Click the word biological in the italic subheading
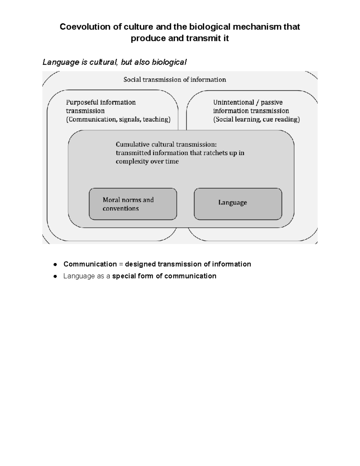[169, 62]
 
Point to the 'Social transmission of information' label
[175, 80]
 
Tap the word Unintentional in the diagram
[233, 102]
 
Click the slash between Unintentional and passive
[257, 102]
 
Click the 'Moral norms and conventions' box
[133, 204]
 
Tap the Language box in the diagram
[238, 204]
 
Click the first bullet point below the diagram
[55, 265]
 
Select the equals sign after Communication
[121, 264]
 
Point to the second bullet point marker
[55, 276]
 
